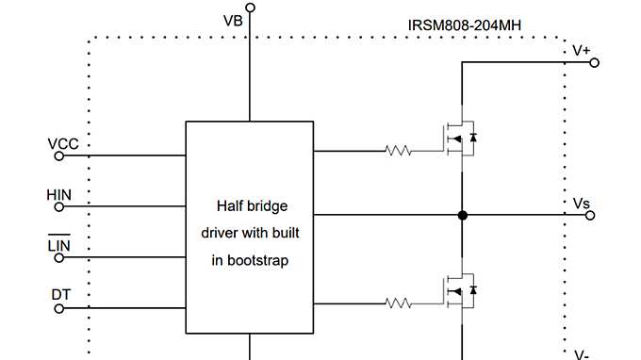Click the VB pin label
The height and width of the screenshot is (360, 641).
point(233,21)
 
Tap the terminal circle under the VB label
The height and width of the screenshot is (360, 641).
point(250,8)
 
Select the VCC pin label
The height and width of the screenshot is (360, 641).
point(63,144)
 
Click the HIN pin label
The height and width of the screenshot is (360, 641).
point(58,195)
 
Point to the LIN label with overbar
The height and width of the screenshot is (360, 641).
point(58,246)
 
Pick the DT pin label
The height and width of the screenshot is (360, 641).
point(60,295)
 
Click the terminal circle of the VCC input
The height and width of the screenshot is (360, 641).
point(58,156)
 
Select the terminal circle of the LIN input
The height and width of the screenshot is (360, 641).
point(58,258)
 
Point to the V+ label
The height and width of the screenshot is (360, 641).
point(583,50)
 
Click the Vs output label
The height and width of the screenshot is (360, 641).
point(582,203)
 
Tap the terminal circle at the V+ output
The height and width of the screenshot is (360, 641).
point(594,63)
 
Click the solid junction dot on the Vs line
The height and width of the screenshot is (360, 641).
point(462,216)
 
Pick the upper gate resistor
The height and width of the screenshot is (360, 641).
point(398,150)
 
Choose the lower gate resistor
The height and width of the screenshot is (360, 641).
point(398,303)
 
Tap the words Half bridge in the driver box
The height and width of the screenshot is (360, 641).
point(252,205)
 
